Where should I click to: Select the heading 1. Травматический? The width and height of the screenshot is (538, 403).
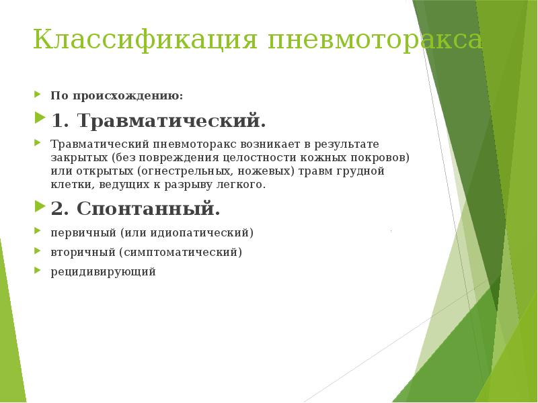tap(159, 122)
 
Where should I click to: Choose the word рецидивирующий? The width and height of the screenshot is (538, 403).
tap(103, 272)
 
